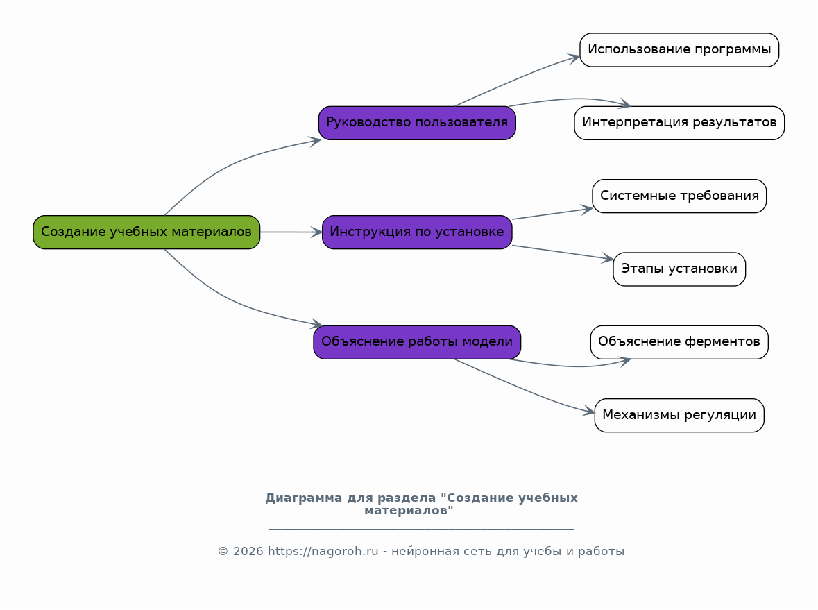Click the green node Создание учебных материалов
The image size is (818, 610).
click(x=146, y=232)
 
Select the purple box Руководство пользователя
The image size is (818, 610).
click(x=418, y=123)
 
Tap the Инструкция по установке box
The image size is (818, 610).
click(x=418, y=232)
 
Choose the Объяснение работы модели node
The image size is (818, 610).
click(x=418, y=342)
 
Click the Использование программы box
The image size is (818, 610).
click(x=679, y=50)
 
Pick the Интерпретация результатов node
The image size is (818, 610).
click(x=679, y=123)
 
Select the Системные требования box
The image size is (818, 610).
click(x=679, y=196)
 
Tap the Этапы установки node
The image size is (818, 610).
click(x=679, y=269)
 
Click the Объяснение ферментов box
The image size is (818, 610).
click(x=679, y=342)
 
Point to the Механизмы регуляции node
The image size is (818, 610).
click(x=679, y=416)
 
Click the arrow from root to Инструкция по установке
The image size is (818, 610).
click(x=291, y=232)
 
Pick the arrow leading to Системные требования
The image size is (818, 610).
click(x=552, y=214)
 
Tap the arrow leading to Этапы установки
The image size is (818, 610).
click(x=563, y=252)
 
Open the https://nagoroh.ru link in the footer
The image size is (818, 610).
click(x=323, y=552)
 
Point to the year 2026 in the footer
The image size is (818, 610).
click(x=248, y=552)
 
